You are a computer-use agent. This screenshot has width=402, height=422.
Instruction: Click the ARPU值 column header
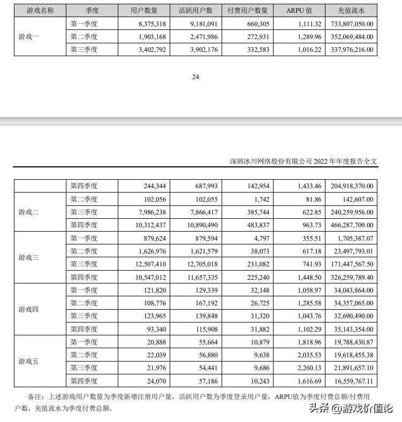tap(299, 10)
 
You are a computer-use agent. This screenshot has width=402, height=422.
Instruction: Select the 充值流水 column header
tap(352, 10)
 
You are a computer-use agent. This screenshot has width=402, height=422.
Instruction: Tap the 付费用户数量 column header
tap(247, 10)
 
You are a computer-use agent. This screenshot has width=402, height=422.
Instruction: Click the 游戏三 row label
tap(29, 257)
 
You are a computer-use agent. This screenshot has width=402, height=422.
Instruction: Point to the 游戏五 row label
tap(29, 362)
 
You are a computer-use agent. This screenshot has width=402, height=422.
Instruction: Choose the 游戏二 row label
tap(29, 212)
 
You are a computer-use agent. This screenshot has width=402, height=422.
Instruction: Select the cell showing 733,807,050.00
tap(352, 24)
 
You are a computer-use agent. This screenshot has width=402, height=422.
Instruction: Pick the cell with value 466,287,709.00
tap(352, 225)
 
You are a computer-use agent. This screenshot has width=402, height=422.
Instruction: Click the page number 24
tap(195, 76)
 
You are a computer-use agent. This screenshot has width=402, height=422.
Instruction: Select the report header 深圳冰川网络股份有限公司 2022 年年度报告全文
tap(304, 161)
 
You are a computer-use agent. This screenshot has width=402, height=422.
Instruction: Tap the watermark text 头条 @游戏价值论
tap(351, 409)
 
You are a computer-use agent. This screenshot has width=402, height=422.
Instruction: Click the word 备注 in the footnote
tap(35, 396)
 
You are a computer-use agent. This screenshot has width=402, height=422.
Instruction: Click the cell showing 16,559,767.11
tap(352, 381)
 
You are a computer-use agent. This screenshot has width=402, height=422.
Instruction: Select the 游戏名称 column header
tap(40, 10)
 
